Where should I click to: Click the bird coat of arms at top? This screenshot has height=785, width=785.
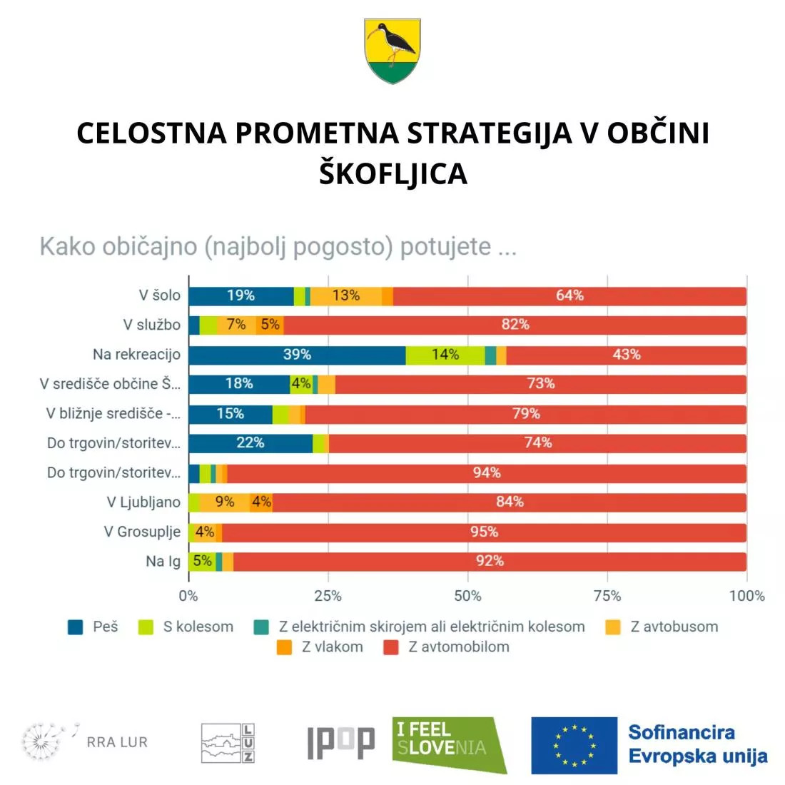[392, 51]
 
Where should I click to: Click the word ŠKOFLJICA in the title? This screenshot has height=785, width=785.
[392, 173]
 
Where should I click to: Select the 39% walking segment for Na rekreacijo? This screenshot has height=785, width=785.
[297, 355]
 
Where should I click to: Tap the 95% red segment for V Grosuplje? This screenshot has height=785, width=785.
[484, 532]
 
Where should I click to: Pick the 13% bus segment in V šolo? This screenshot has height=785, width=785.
[346, 295]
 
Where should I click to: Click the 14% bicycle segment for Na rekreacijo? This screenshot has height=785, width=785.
[445, 355]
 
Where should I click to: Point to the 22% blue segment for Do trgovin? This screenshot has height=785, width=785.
[250, 443]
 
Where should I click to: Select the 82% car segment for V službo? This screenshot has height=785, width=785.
[515, 325]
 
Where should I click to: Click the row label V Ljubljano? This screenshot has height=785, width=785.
[143, 502]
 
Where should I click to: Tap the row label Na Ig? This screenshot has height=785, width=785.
[163, 562]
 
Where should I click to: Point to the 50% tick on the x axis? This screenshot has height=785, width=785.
[467, 596]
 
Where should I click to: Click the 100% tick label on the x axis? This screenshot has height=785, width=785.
[746, 596]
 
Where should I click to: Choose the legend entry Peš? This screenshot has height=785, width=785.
[93, 627]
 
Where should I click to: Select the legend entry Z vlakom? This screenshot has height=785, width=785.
[322, 647]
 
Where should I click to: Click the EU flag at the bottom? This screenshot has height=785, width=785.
[574, 745]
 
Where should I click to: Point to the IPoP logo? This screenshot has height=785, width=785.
[340, 742]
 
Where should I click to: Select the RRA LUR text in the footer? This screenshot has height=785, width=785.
[117, 742]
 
